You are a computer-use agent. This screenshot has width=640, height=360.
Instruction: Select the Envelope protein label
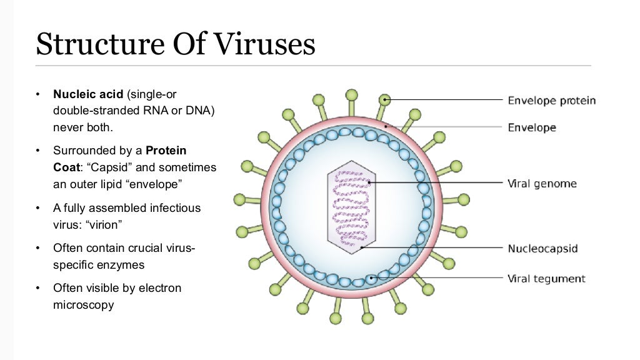point(551,101)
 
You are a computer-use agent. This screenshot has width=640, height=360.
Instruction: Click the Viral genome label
point(541,184)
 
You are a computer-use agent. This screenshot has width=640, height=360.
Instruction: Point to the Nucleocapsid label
point(542,248)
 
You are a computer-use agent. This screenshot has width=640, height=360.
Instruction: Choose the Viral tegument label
point(546,278)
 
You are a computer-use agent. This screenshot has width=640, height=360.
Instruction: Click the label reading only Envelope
point(531,127)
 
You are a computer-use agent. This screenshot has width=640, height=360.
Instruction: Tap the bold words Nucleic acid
point(88,95)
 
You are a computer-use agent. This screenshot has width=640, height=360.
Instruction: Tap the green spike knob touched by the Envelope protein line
point(386,99)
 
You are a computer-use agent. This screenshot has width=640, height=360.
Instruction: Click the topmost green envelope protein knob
point(351,94)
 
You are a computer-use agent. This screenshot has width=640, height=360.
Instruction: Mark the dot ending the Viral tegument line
point(372,277)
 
